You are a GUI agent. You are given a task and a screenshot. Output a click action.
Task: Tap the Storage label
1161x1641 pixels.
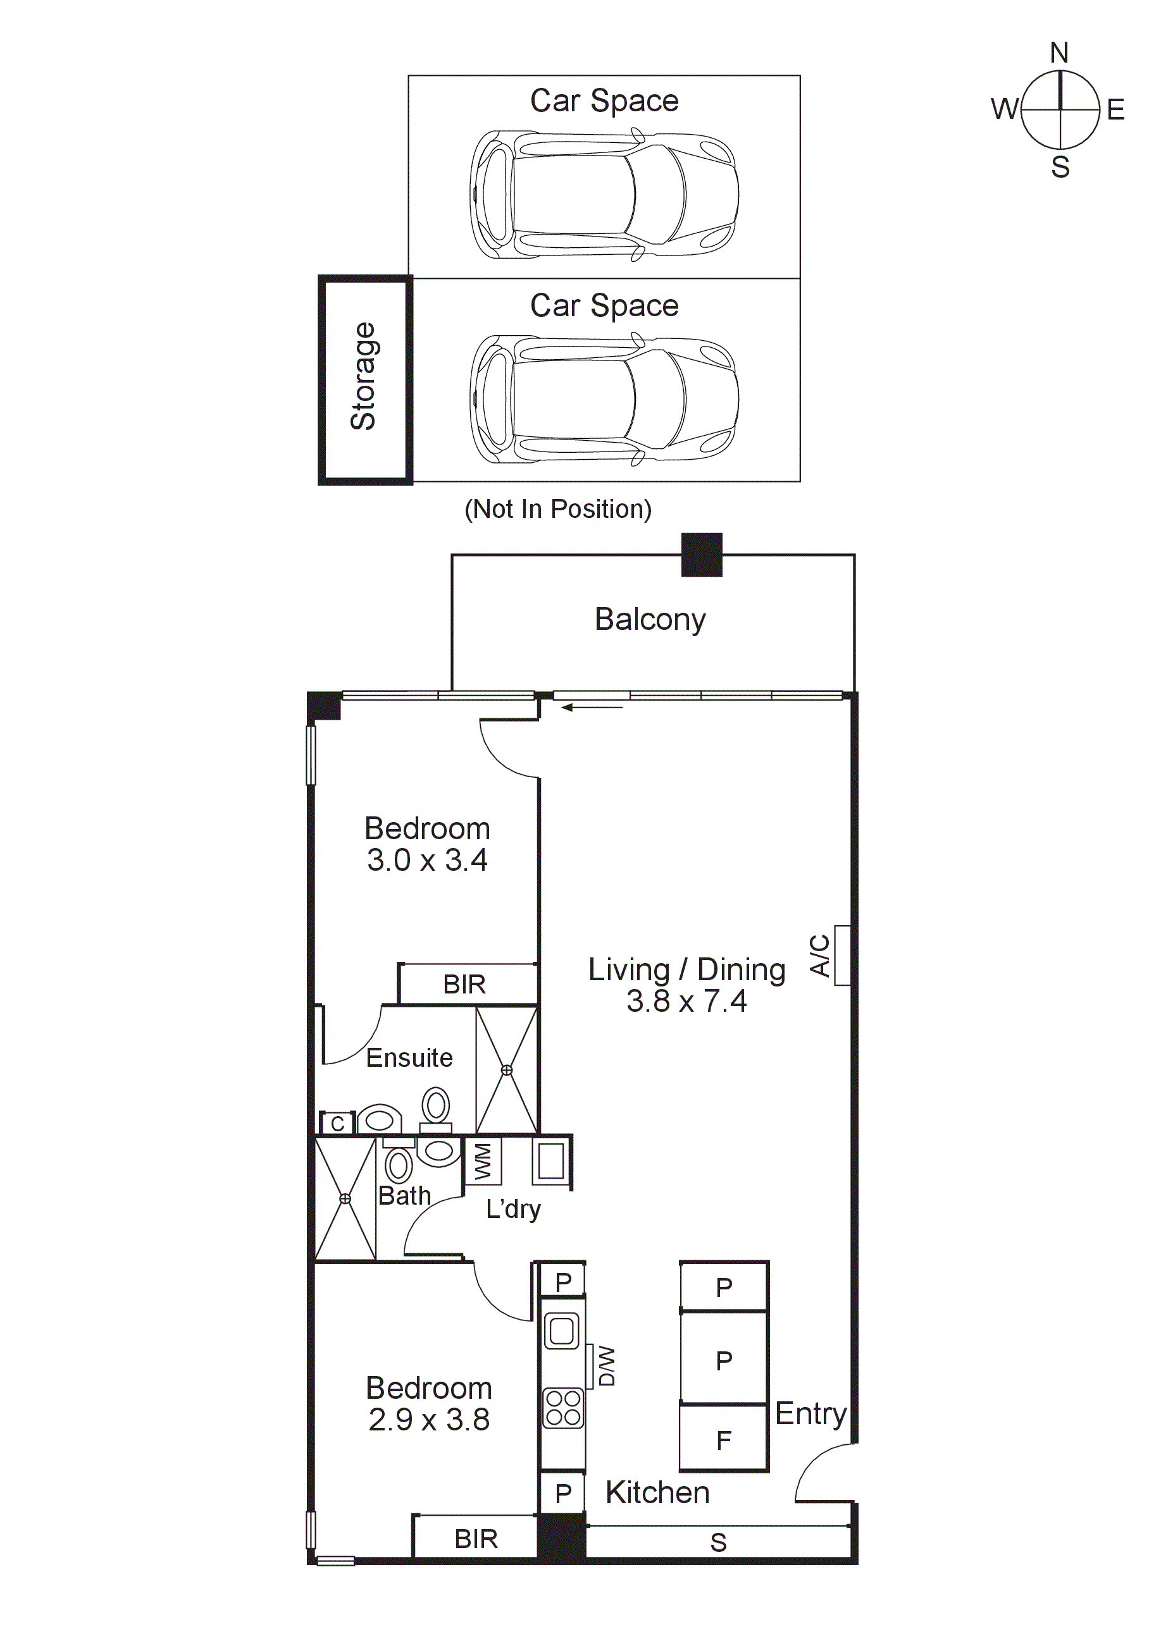pyautogui.click(x=363, y=376)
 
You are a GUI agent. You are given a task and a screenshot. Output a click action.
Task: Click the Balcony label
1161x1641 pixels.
pyautogui.click(x=650, y=619)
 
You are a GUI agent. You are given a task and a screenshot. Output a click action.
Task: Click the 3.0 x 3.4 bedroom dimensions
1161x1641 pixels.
pyautogui.click(x=427, y=860)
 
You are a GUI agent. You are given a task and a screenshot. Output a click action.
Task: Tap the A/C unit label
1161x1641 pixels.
pyautogui.click(x=820, y=956)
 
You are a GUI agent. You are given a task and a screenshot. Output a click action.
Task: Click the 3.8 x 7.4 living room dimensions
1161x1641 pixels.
pyautogui.click(x=686, y=1001)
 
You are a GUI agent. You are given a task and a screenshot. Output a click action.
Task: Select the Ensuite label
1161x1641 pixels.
pyautogui.click(x=409, y=1058)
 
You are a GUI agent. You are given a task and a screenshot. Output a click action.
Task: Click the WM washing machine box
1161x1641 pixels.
pyautogui.click(x=483, y=1162)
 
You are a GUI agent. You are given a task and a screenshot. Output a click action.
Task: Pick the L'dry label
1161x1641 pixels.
pyautogui.click(x=512, y=1209)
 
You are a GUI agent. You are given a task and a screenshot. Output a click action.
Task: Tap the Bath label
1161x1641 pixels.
pyautogui.click(x=405, y=1196)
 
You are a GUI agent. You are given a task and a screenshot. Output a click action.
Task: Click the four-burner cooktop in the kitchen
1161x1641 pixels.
pyautogui.click(x=562, y=1409)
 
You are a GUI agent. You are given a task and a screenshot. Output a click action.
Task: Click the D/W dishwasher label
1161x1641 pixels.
pyautogui.click(x=606, y=1367)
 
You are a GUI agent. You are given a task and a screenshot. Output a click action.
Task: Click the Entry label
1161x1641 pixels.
pyautogui.click(x=810, y=1414)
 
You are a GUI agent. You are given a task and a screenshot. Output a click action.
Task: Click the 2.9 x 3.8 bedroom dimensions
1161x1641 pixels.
pyautogui.click(x=429, y=1420)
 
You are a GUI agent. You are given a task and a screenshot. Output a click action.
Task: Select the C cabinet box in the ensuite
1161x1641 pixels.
pyautogui.click(x=337, y=1124)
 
